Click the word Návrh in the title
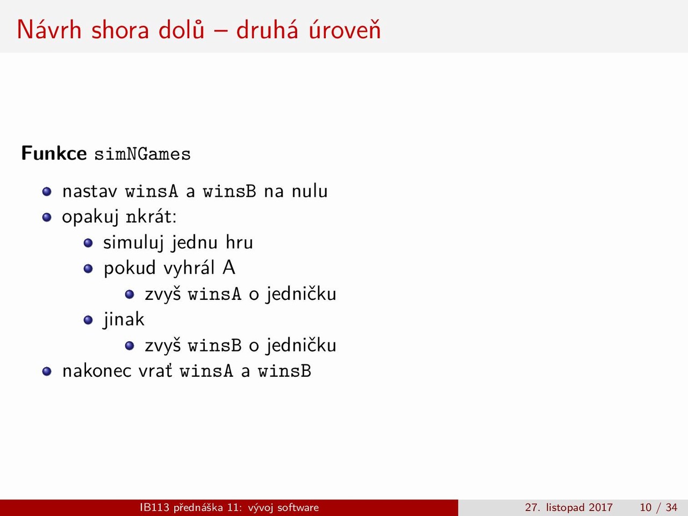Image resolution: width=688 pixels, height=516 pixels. [49, 30]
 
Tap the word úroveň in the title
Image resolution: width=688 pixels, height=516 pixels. [345, 29]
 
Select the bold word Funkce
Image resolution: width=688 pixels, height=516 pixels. [54, 153]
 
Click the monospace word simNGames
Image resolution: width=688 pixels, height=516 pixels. [142, 154]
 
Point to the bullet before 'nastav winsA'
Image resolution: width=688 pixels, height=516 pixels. [47, 191]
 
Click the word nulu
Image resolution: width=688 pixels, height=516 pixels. [310, 191]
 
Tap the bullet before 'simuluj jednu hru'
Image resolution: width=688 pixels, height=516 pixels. [88, 243]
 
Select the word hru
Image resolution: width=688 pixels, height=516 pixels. [239, 242]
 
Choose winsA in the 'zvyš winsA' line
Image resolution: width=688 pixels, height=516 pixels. [214, 294]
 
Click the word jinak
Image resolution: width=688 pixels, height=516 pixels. [124, 320]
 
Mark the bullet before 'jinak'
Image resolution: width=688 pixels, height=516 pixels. [88, 320]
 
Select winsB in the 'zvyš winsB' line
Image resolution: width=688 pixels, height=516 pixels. [214, 345]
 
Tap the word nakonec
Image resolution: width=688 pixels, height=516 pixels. [97, 371]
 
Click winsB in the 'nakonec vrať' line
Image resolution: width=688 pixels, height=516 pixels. [284, 371]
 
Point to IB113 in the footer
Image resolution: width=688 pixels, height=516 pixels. [154, 507]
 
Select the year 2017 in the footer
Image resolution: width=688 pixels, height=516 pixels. [600, 507]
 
